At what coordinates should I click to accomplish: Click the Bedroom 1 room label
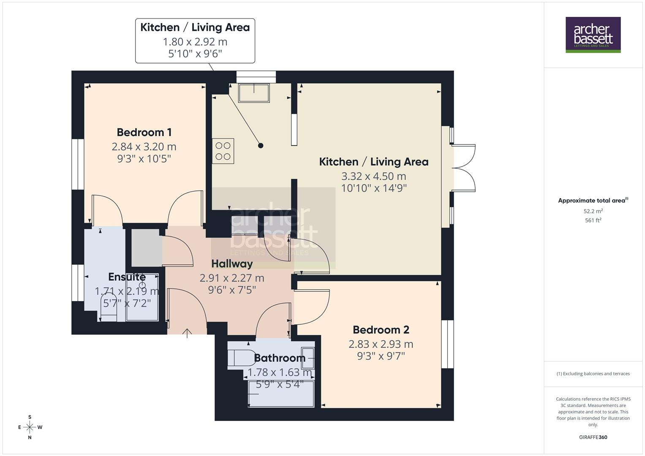point(144,132)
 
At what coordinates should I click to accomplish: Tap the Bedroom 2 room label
point(381,329)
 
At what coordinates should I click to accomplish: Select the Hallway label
point(232,264)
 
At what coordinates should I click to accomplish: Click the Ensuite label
point(127,277)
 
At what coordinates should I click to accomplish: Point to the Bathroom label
point(279,358)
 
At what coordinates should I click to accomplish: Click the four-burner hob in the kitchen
point(223,151)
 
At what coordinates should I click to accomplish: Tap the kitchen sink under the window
point(253,93)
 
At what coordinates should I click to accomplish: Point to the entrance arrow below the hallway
point(187,333)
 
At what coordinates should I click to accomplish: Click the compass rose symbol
point(30,427)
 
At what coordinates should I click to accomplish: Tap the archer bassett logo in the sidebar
point(593,35)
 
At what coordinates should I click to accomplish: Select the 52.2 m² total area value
point(593,211)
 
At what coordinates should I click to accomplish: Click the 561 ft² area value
point(593,220)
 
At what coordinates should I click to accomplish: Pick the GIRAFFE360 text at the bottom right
point(593,437)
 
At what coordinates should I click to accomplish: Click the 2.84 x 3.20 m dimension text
point(144,147)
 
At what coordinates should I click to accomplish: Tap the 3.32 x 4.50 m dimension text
point(373,176)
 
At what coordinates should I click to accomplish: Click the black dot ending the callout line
point(261,146)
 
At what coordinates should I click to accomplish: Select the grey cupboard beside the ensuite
point(146,248)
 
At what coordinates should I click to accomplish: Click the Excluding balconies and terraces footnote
point(593,374)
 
